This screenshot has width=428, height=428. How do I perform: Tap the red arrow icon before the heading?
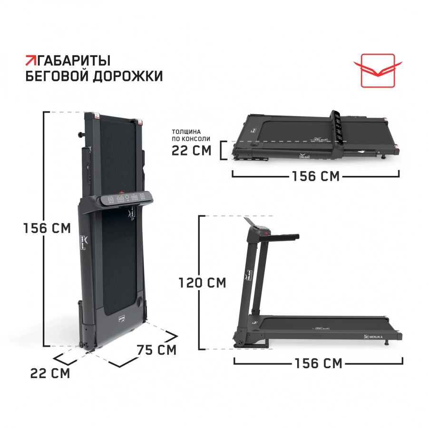coord(31,60)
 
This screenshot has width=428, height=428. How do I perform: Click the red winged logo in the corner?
coord(378,70)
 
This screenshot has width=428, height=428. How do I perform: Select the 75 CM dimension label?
coord(156,350)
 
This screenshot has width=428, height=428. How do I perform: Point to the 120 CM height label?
coord(202,282)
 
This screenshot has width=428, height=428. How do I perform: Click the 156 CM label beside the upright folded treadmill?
coord(47,228)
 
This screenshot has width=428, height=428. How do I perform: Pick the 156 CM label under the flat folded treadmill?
coord(316,176)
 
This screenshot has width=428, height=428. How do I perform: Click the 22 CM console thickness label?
coord(191,150)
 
